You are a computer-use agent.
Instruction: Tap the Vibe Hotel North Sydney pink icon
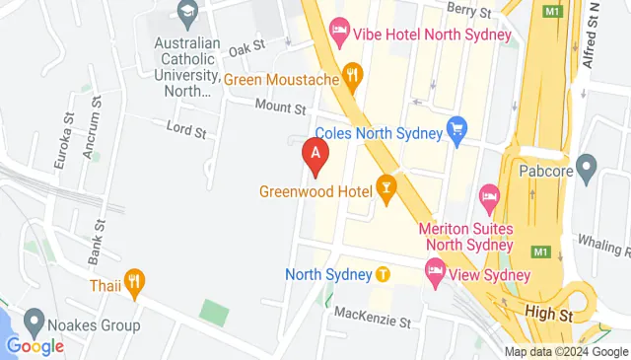339,34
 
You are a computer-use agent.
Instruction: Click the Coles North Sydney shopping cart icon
456,127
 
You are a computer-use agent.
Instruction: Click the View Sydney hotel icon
435,268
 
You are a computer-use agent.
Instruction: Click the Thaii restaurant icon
135,282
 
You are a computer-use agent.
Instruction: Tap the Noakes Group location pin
35,321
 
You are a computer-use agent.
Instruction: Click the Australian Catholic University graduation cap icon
186,12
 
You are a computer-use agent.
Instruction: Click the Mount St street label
281,109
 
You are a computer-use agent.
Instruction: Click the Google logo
35,346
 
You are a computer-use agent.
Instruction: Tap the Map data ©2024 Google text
565,352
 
